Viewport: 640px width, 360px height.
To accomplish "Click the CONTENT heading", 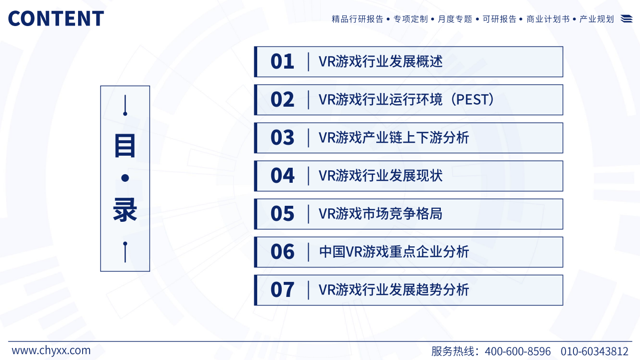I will coord(56,19).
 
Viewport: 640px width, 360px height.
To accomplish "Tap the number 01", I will coord(282,62).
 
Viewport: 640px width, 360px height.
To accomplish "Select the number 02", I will coord(282,100).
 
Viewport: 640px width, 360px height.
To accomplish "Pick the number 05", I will coord(282,214).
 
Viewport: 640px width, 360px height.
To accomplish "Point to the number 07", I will coord(282,290).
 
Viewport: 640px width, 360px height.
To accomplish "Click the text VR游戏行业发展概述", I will coord(380,62).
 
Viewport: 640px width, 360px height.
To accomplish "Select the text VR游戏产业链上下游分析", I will coord(394,138).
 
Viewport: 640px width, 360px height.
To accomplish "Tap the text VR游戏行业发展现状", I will coord(380,176).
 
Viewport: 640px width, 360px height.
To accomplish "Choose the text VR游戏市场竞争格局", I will coord(380,214).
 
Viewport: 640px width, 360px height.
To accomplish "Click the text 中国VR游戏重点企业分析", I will coord(394,252).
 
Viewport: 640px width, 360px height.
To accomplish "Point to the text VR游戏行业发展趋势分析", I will coord(394,290).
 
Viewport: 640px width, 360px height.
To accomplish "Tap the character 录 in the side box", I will coord(125,210).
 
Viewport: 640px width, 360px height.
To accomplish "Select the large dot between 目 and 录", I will coord(125,178).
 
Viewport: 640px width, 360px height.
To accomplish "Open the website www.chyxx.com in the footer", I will coord(51,350).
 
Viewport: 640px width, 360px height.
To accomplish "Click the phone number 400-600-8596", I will coord(517,351).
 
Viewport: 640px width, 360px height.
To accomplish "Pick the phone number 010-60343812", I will coord(594,351).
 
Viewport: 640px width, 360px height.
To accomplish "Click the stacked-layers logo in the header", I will coord(626,19).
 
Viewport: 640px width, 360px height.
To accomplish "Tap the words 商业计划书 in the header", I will coord(548,19).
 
